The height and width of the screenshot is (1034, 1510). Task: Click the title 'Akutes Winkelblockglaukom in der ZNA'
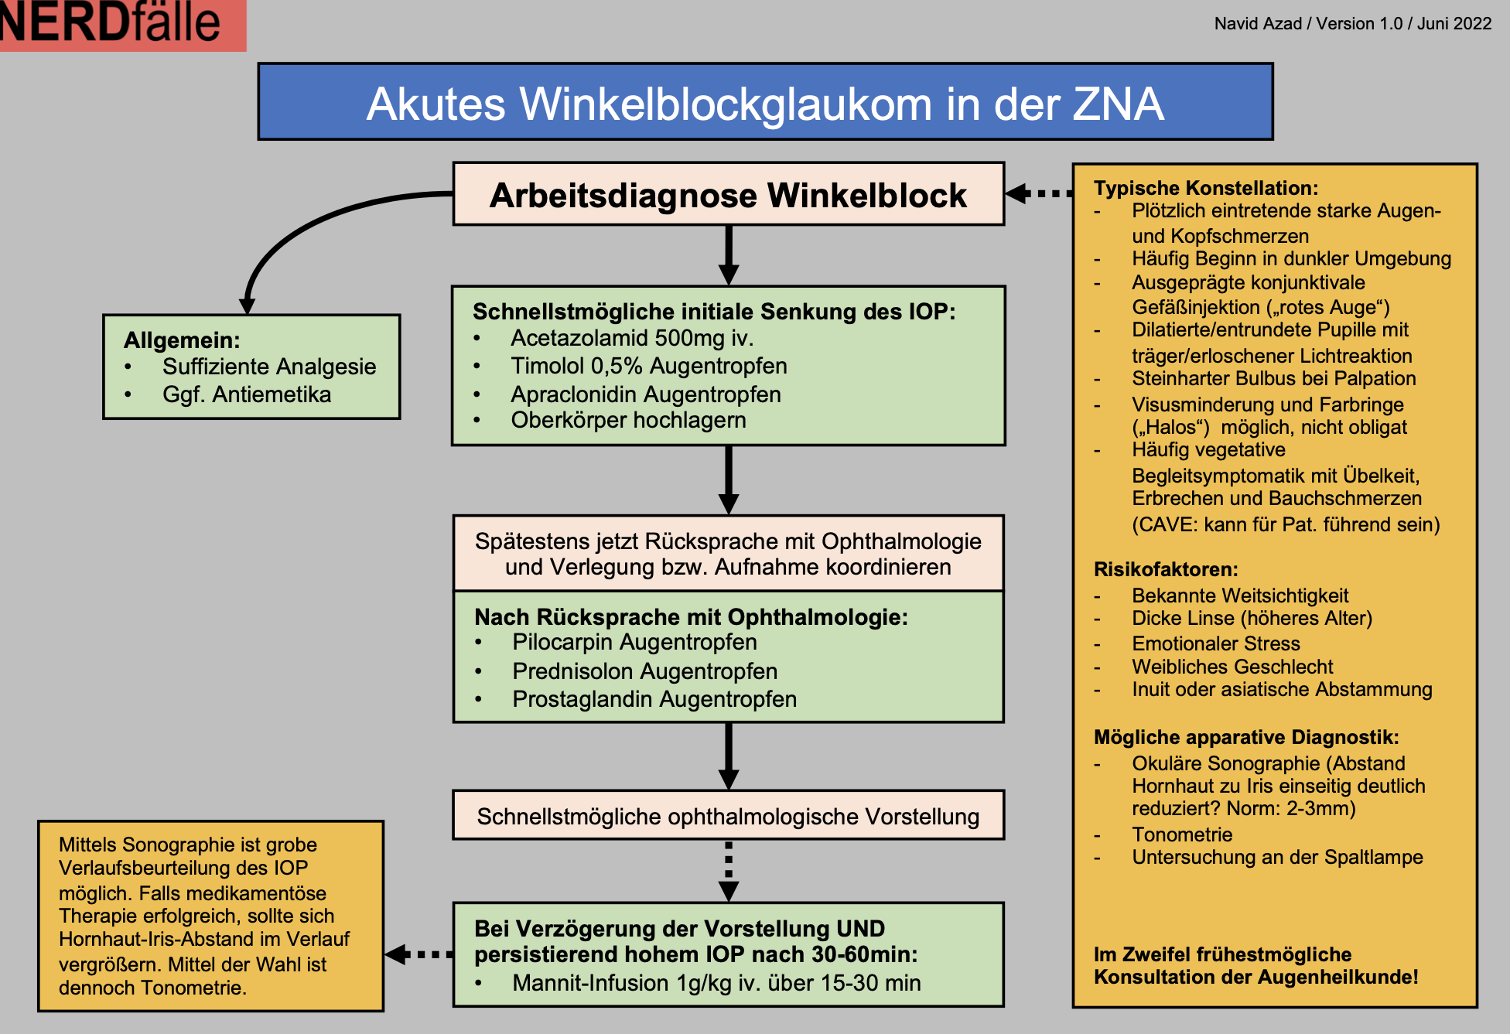tap(764, 103)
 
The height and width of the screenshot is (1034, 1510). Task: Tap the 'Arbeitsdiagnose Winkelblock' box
tap(728, 195)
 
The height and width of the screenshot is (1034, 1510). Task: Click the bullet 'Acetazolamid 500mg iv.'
tap(631, 338)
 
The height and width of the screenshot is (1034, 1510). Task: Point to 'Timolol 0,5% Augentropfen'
tap(648, 366)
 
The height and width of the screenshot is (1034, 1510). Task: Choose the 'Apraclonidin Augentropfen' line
tap(645, 394)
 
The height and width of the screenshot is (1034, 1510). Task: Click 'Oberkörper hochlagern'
tap(628, 421)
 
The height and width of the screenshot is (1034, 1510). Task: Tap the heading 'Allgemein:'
tap(182, 340)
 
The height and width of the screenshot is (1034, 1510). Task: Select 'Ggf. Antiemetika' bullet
tap(246, 395)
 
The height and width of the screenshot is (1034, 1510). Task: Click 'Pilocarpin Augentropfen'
tap(634, 643)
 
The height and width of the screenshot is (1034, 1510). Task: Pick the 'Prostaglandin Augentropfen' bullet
tap(654, 699)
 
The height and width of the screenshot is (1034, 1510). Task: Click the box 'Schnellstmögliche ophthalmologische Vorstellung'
tap(728, 816)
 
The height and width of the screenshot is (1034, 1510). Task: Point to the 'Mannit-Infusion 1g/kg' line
tap(716, 983)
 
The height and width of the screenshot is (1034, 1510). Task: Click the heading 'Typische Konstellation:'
tap(1205, 188)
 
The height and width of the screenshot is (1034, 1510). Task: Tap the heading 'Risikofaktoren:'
tap(1165, 570)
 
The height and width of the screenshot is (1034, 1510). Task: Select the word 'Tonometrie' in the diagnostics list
tap(1182, 834)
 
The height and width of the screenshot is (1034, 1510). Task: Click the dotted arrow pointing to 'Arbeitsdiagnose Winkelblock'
tap(1040, 193)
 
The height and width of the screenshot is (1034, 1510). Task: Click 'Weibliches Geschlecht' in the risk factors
tap(1232, 667)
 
